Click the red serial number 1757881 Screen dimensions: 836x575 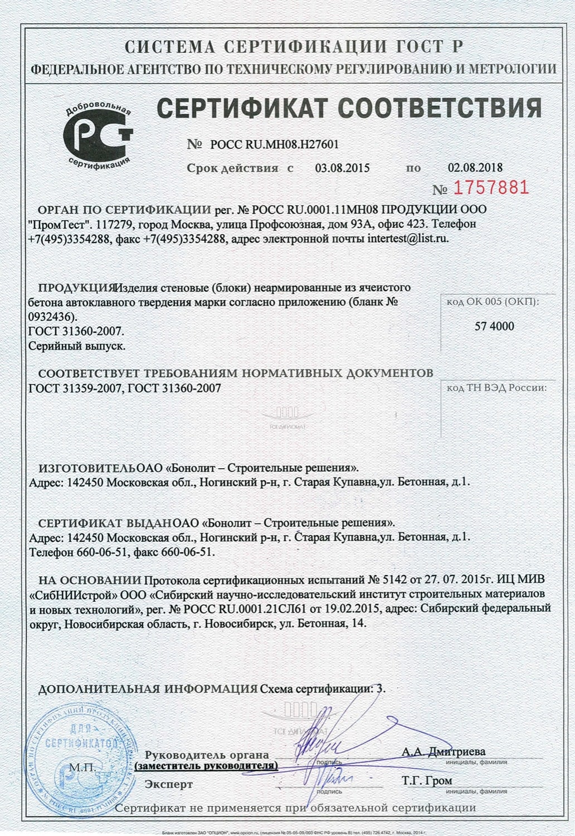point(491,188)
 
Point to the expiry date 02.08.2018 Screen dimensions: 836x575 point(475,167)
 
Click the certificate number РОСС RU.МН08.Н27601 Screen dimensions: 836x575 point(275,144)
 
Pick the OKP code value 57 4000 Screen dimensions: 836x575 point(494,326)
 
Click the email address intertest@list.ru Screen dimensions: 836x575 point(408,239)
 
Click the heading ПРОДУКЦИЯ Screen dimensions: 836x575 point(76,288)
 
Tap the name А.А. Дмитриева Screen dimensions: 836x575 point(444,752)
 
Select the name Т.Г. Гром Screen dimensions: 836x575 point(427,781)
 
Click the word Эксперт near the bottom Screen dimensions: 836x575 point(169,784)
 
